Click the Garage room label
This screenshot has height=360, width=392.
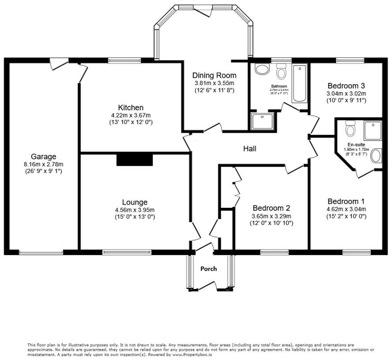[x=44, y=157]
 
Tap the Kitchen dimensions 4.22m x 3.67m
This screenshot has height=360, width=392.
[x=131, y=116]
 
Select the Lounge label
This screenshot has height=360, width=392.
[x=135, y=202]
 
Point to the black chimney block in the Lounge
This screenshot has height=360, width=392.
[x=135, y=160]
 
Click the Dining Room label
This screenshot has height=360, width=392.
[x=214, y=75]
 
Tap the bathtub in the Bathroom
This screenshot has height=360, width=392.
[x=299, y=83]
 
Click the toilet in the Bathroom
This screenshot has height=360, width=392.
[x=282, y=71]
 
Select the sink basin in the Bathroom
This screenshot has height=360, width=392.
[x=262, y=69]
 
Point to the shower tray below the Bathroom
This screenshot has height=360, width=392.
[x=262, y=121]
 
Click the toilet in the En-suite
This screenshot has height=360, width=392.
[x=350, y=128]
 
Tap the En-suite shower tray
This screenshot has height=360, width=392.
[x=373, y=131]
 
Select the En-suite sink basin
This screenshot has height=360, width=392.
[x=376, y=156]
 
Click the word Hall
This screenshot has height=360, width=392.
[x=250, y=149]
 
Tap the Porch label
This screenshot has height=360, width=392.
[x=208, y=269]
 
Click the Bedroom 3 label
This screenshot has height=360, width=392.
[x=346, y=86]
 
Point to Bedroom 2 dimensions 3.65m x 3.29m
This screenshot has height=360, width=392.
[x=271, y=216]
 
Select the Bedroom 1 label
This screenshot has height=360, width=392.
[x=346, y=201]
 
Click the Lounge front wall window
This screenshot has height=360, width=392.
[x=127, y=252]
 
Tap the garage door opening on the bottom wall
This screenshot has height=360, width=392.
[x=41, y=253]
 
